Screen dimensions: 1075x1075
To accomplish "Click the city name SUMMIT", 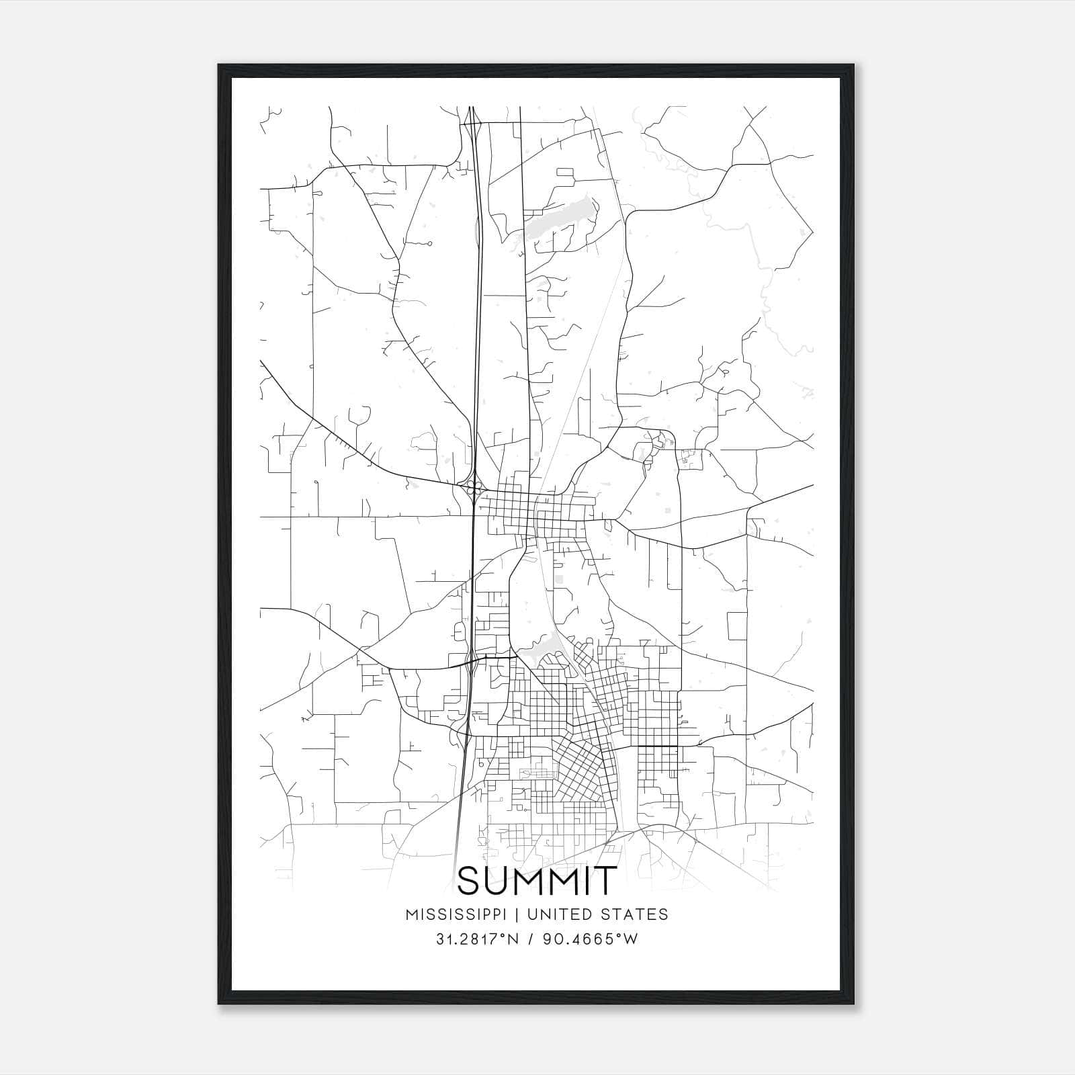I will [x=537, y=881].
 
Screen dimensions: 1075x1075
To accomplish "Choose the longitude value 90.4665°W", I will [x=591, y=939].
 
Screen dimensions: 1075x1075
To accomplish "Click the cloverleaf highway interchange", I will [x=474, y=486].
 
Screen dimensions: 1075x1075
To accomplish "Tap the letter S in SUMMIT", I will [x=471, y=881].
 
